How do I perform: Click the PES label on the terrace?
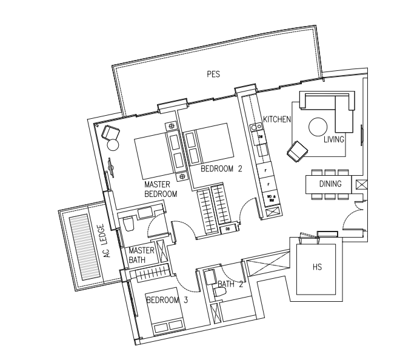(213, 75)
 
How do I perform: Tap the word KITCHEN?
(278, 119)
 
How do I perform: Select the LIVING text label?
(334, 139)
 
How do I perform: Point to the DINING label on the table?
(329, 184)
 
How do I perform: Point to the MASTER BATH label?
(141, 255)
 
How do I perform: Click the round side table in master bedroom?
(113, 145)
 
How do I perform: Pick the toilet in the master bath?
(129, 225)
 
